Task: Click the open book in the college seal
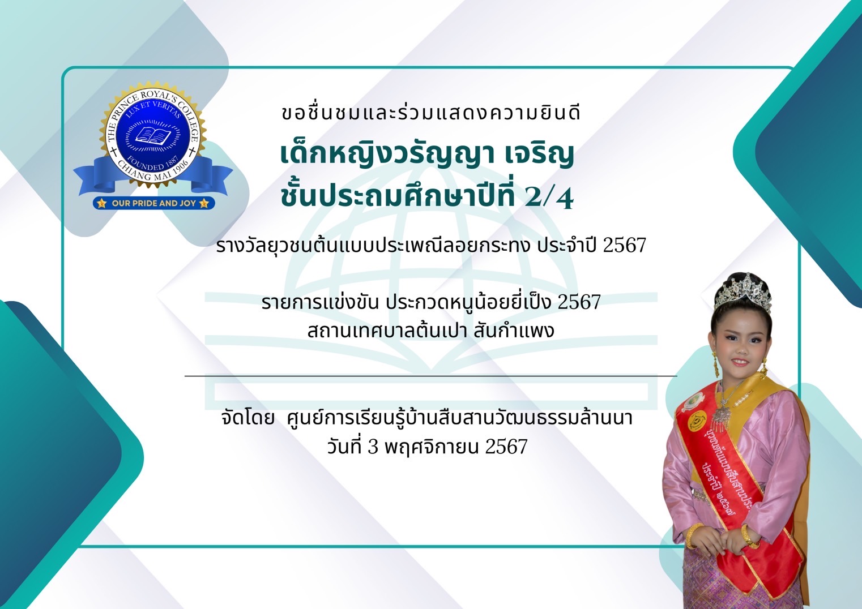click(153, 135)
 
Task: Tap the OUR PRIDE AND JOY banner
click(153, 203)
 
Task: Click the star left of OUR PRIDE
click(102, 203)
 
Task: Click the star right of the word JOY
click(204, 203)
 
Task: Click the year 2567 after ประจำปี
click(624, 245)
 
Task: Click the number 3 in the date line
click(373, 447)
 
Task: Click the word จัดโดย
click(248, 418)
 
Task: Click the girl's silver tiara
click(742, 292)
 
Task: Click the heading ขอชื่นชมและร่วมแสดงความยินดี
click(430, 113)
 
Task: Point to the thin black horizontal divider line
click(430, 376)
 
